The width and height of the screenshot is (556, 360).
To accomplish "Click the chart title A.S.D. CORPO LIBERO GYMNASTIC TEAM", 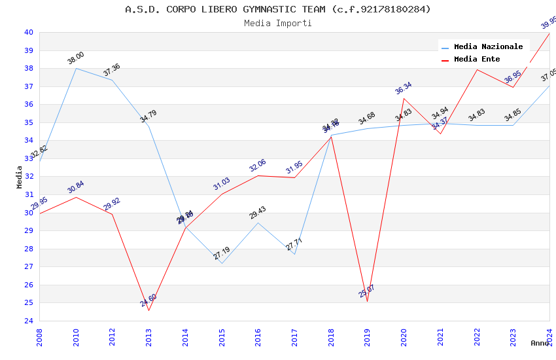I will tap(278, 9).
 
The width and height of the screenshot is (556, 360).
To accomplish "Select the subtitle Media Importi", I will tap(278, 23).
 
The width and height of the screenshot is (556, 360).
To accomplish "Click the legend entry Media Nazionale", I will tap(488, 46).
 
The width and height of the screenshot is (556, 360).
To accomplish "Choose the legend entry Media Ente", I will tap(477, 59).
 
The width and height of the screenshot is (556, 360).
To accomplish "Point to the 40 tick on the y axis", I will tap(29, 32).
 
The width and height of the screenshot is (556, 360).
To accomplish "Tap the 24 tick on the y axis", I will tap(29, 321).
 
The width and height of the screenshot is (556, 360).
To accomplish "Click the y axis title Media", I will tap(20, 177).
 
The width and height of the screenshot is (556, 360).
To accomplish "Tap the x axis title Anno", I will tap(540, 343).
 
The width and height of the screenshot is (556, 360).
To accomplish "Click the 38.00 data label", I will tap(76, 58).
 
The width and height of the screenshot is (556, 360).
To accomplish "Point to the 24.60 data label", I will tap(148, 300).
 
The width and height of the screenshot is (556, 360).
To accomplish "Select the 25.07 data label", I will tap(367, 291).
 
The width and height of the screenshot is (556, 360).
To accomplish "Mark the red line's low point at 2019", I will tap(367, 301).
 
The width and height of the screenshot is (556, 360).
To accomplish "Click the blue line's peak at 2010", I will tap(76, 68).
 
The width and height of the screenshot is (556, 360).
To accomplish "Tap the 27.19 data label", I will tap(222, 253).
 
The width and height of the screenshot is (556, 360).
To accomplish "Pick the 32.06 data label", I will tap(258, 165).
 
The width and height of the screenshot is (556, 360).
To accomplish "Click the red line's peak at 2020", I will tap(404, 98).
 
